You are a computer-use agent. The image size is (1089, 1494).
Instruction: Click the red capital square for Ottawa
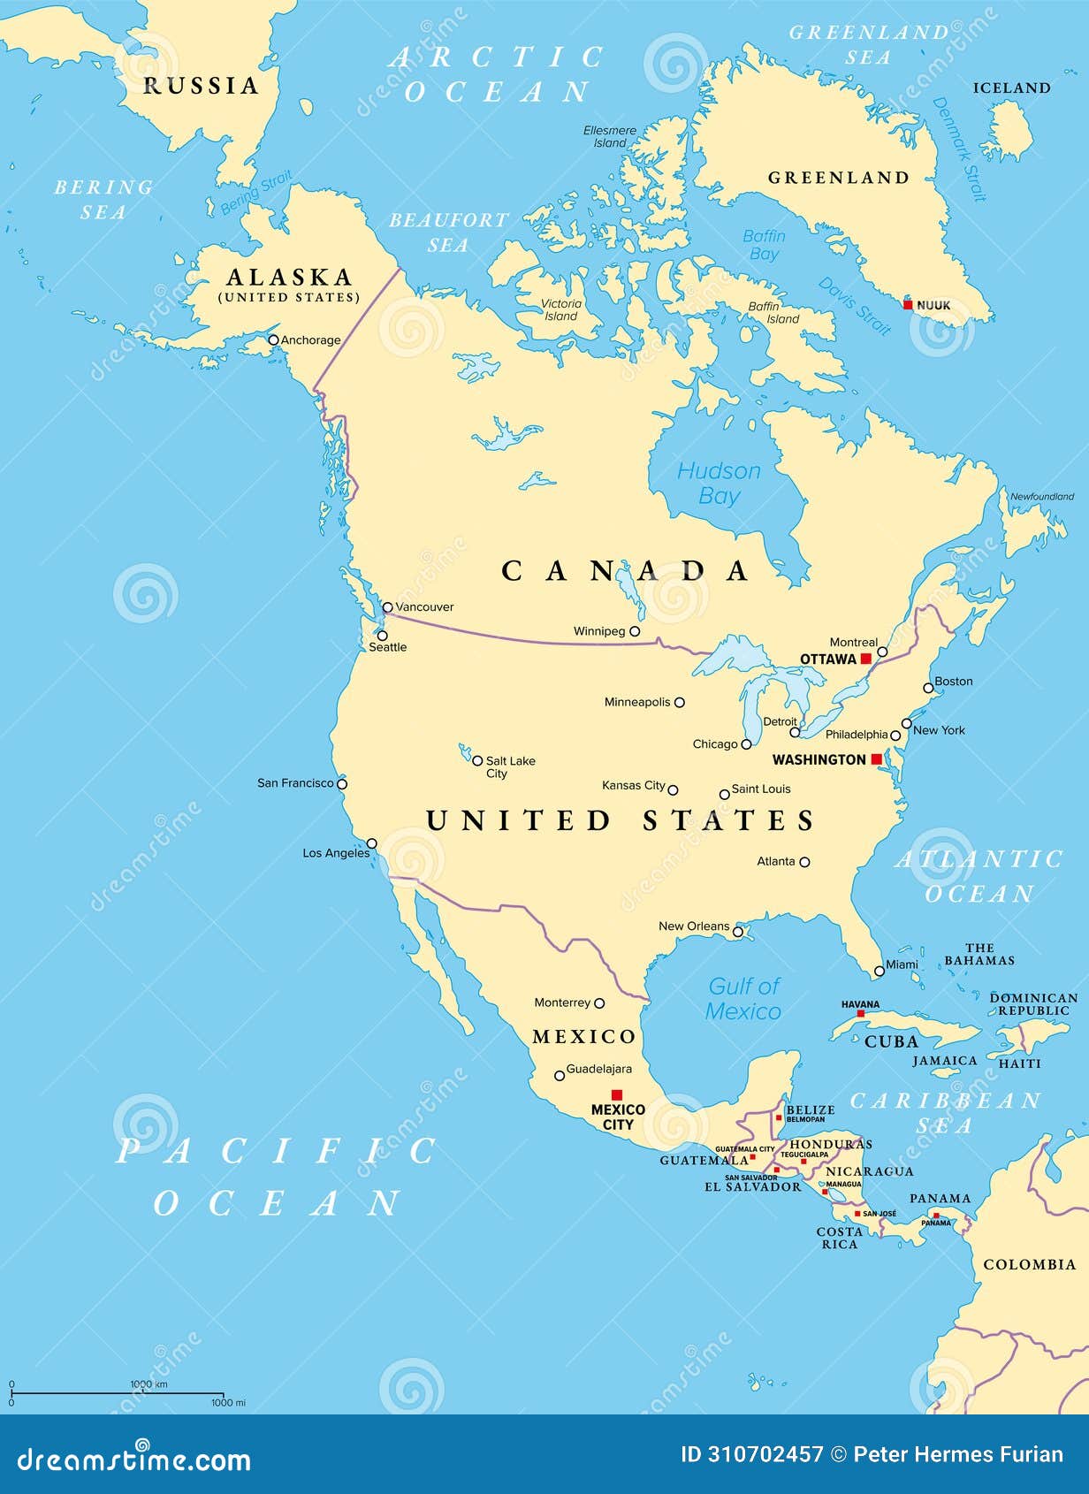[x=865, y=659]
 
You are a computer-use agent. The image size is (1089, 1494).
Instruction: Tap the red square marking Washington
[x=876, y=759]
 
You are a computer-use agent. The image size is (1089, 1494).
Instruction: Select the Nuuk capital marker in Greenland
[x=908, y=305]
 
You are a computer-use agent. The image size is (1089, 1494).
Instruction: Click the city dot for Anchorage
[x=273, y=339]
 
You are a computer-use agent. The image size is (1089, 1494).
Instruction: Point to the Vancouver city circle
[x=387, y=607]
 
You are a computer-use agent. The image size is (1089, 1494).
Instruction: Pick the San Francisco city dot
[x=342, y=783]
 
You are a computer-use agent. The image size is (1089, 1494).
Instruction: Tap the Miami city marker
[x=879, y=971]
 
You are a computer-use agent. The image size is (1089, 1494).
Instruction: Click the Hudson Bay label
[x=719, y=483]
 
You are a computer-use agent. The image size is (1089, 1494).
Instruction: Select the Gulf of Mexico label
[x=743, y=998]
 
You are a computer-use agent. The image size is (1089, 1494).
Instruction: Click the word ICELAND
[x=1011, y=88]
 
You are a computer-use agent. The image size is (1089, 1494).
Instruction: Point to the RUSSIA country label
[x=201, y=86]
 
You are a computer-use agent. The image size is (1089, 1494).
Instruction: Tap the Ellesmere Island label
[x=610, y=136]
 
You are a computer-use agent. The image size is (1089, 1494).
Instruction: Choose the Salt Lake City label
[x=510, y=766]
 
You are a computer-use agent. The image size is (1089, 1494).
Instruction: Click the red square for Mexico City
[x=617, y=1094]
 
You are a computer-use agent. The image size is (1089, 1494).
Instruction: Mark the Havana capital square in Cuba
[x=860, y=1013]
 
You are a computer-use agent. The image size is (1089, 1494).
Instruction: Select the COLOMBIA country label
[x=1030, y=1264]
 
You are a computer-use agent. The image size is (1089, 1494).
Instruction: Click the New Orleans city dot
[x=738, y=932]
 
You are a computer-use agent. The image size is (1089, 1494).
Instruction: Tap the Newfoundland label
[x=1042, y=497]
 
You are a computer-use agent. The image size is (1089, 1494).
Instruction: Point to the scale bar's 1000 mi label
[x=228, y=1402]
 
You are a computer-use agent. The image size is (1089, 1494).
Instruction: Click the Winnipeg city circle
[x=635, y=631]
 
